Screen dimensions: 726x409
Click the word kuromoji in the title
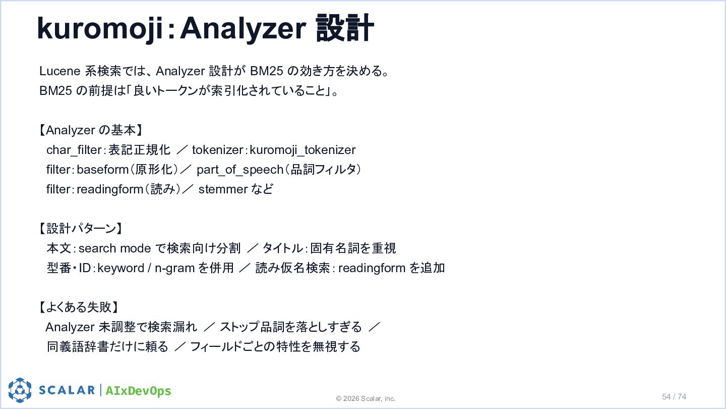(100, 28)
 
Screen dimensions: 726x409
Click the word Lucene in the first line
(60, 71)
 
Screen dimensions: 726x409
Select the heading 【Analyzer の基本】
(91, 130)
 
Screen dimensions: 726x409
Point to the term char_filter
(74, 150)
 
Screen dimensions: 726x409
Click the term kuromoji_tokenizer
(302, 150)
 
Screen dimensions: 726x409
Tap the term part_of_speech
(240, 170)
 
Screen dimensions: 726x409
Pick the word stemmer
(223, 189)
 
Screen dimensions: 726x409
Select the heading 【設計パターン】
(81, 229)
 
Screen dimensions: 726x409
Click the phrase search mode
(115, 248)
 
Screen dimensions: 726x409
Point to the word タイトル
(283, 248)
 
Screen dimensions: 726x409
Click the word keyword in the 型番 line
(121, 269)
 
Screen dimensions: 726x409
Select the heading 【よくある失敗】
(79, 307)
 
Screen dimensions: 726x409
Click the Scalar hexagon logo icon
(20, 390)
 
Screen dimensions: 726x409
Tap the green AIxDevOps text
(138, 391)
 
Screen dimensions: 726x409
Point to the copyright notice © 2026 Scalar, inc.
(366, 398)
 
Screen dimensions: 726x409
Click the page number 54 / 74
(674, 397)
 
